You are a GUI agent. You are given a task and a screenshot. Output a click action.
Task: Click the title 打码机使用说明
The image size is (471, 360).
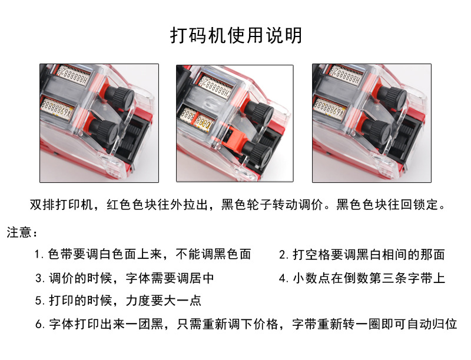click(235, 35)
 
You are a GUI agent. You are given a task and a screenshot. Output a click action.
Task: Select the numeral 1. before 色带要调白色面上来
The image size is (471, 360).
click(39, 254)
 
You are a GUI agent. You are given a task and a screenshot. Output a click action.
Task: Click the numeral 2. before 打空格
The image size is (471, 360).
click(284, 254)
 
